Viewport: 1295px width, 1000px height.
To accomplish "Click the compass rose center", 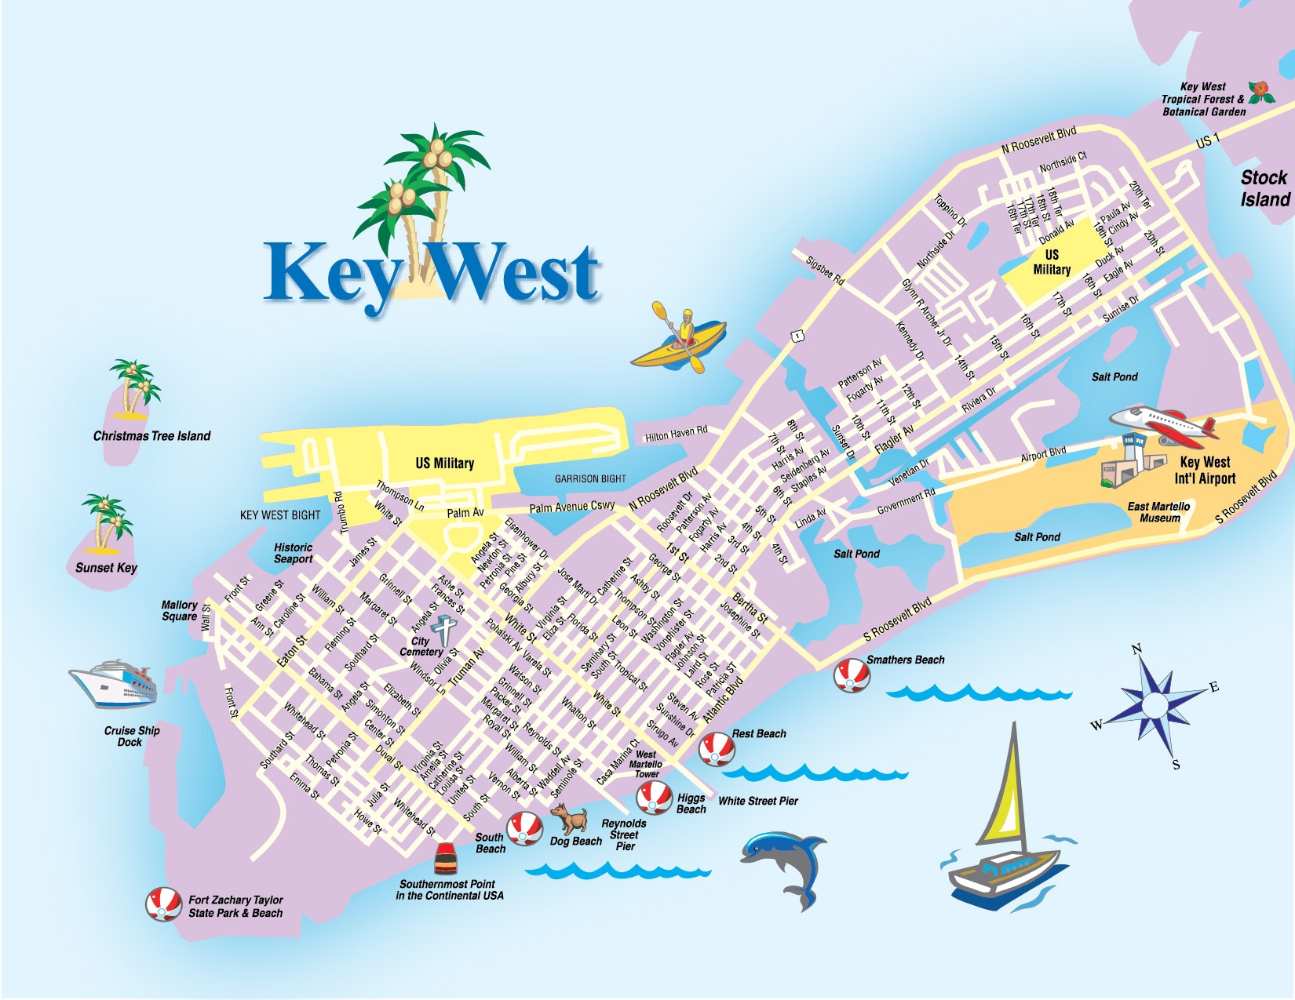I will [1155, 704].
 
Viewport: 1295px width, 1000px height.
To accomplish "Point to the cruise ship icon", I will [115, 682].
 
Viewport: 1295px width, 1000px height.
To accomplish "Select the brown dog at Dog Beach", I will [571, 819].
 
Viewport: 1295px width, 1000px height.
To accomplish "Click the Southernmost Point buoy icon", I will [446, 859].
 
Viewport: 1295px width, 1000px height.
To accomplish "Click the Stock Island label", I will [1264, 188].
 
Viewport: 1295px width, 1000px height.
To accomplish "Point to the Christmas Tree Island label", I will [151, 436].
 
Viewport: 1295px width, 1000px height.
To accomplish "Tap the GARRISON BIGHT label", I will [590, 478].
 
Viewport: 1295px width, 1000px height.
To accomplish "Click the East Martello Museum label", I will [1158, 512].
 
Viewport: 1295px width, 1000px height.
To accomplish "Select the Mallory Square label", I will [179, 610].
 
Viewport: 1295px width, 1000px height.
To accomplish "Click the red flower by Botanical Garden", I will [1261, 93].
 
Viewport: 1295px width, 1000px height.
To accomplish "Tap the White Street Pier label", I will [757, 801].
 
